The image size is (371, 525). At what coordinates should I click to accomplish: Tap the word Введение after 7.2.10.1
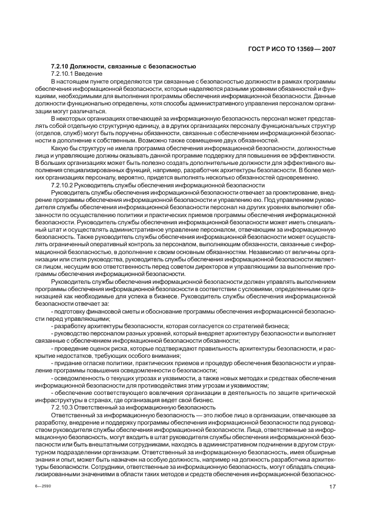tap(91, 74)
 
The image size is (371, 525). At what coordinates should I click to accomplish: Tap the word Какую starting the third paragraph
tap(59, 148)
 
